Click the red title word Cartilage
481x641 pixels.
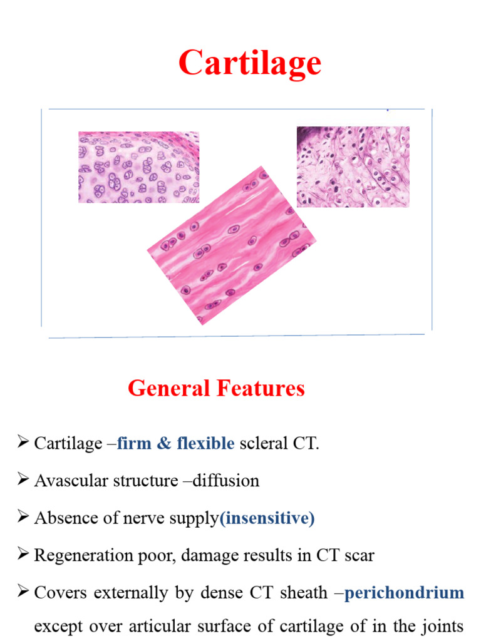coord(249,63)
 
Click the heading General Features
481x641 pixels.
coord(216,389)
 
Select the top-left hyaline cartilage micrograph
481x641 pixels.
coord(138,167)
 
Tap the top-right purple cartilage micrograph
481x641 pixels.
coord(353,167)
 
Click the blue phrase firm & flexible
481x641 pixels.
coord(176,444)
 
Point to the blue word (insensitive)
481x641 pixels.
coord(267,518)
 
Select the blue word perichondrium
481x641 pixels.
coord(404,592)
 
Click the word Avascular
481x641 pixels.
coord(63,481)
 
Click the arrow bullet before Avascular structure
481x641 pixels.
coord(24,481)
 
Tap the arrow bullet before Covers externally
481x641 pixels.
coord(24,592)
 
